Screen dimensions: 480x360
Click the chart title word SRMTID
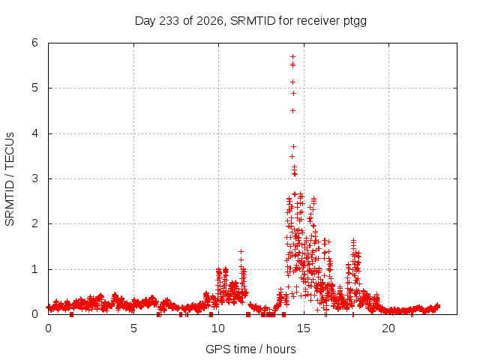point(253,21)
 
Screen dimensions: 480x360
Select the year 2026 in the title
point(209,21)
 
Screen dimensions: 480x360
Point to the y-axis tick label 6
point(35,43)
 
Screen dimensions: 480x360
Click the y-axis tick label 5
point(35,88)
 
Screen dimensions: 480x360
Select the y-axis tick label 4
point(35,133)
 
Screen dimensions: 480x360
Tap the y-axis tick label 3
point(35,178)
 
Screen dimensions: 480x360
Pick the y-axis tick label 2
point(35,223)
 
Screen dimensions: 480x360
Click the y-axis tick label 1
point(35,269)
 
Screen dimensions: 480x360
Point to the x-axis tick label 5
point(133,328)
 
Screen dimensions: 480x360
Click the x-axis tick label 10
point(218,328)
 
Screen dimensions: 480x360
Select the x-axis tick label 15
point(304,328)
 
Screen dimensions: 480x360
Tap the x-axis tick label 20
point(388,328)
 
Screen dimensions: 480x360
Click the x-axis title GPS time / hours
point(250,349)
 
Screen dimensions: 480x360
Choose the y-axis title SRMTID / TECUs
point(10,179)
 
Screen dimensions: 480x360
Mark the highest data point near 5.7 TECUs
point(293,57)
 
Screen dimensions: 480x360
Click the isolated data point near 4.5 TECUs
point(293,110)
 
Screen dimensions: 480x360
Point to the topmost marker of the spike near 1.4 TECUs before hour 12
point(241,252)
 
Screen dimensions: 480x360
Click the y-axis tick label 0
point(35,314)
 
